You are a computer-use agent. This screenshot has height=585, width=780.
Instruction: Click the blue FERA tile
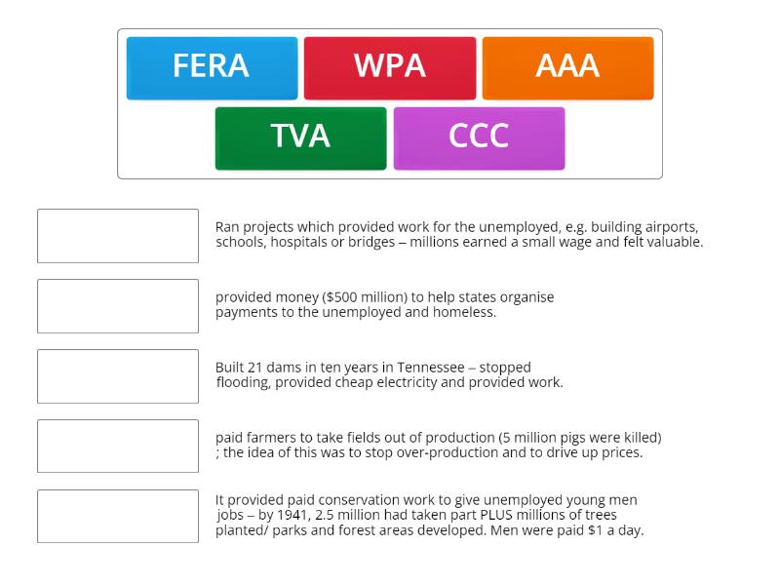click(x=212, y=67)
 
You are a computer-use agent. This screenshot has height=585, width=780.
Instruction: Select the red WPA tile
click(x=390, y=67)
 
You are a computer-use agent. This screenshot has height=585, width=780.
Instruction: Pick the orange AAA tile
click(x=567, y=67)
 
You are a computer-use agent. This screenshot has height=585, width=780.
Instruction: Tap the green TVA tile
click(x=300, y=137)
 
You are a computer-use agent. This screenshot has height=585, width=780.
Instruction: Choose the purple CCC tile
click(x=479, y=137)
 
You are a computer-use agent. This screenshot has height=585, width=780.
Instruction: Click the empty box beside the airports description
click(x=118, y=236)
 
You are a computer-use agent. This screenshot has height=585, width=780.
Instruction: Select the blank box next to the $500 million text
click(x=118, y=306)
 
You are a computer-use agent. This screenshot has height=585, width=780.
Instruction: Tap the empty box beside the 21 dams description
click(x=118, y=376)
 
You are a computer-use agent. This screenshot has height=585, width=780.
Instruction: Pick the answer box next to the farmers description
click(x=118, y=447)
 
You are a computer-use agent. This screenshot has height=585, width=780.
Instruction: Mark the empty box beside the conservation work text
click(x=118, y=517)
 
